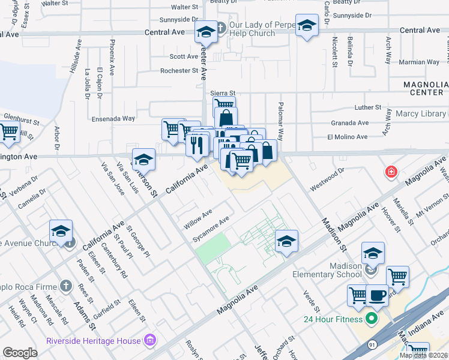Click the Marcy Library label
point(420,114)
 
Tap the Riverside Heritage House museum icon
point(150,341)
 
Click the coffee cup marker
point(377,296)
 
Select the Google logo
point(20,353)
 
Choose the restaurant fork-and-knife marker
point(196,144)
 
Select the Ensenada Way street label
point(112,118)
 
